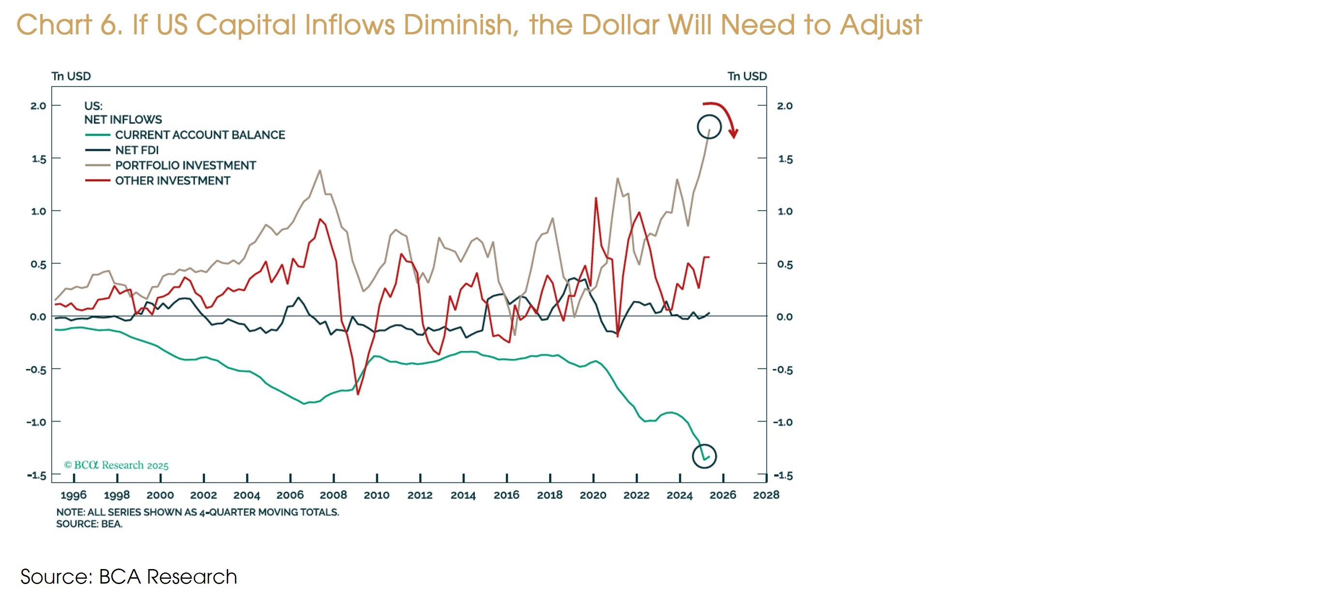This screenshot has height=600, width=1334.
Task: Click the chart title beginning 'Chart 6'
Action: pos(469,24)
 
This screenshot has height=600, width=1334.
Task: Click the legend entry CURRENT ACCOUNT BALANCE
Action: pos(199,135)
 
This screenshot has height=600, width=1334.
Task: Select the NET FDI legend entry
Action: pos(137,150)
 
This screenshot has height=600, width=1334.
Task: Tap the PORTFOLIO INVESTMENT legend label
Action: pos(185,166)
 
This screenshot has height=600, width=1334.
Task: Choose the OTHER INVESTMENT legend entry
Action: pos(173,181)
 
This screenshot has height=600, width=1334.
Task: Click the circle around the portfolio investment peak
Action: pos(709,127)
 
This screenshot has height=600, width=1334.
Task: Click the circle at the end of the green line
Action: pos(704,456)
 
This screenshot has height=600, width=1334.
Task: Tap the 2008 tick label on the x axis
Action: pos(333,495)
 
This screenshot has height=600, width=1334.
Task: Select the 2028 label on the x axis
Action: pos(766,495)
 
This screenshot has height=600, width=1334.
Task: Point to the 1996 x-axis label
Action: pos(73,495)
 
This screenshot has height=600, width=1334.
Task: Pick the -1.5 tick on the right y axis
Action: pos(782,475)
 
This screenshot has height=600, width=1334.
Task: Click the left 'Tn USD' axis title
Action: pos(71,76)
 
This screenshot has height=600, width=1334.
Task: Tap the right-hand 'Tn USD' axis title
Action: pos(747,76)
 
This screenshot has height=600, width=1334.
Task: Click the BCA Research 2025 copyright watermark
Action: pos(116,465)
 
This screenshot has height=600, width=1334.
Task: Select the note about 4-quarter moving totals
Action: pos(197,512)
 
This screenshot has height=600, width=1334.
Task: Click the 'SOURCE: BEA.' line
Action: pos(89,524)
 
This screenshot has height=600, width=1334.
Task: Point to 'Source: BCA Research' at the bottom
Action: pos(129,577)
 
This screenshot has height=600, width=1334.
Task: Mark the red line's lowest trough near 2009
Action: pos(358,394)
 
